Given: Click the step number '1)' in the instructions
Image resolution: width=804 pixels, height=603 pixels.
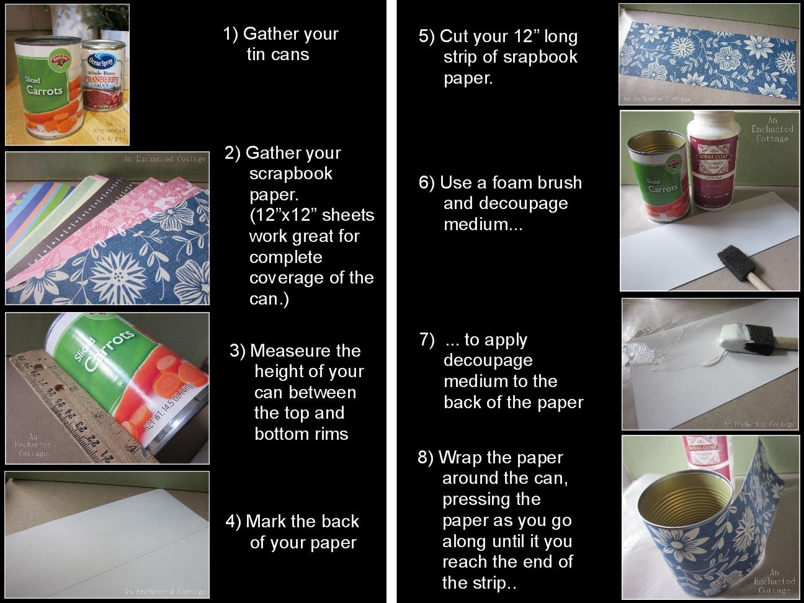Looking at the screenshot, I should point(231,33).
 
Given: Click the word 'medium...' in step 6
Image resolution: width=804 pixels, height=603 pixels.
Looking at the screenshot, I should point(483,225).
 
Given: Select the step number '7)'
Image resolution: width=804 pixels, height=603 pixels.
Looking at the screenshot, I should point(427,339).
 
